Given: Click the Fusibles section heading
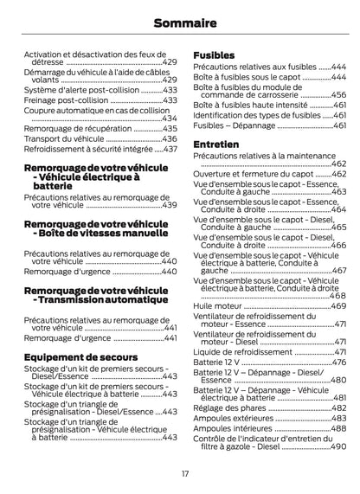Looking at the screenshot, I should (x=214, y=55).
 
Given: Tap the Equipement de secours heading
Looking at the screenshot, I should (x=80, y=356).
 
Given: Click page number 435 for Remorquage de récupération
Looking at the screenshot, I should (x=170, y=127).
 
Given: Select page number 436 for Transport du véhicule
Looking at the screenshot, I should (x=170, y=138).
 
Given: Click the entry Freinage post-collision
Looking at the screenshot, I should (x=62, y=100).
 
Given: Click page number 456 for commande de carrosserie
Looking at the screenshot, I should (x=338, y=95).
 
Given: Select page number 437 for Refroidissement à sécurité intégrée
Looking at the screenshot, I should (x=170, y=149).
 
